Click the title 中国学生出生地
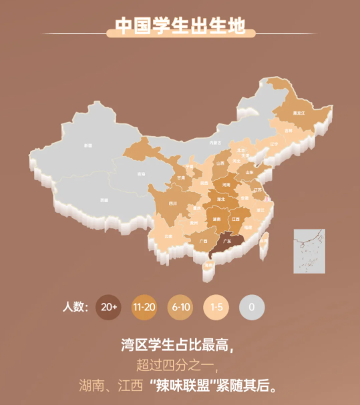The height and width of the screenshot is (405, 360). point(180,25)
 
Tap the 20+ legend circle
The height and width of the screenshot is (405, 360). point(108,307)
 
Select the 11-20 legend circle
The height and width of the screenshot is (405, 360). point(144,307)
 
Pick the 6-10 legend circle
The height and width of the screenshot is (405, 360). point(180,307)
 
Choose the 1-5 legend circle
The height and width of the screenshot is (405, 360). point(216,307)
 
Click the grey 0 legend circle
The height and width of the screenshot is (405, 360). point(252,307)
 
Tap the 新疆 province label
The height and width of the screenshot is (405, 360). point(87,145)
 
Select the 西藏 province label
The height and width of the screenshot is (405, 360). point(104,200)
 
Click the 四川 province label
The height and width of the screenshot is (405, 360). point(172,204)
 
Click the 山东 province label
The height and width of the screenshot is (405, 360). point(249,172)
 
